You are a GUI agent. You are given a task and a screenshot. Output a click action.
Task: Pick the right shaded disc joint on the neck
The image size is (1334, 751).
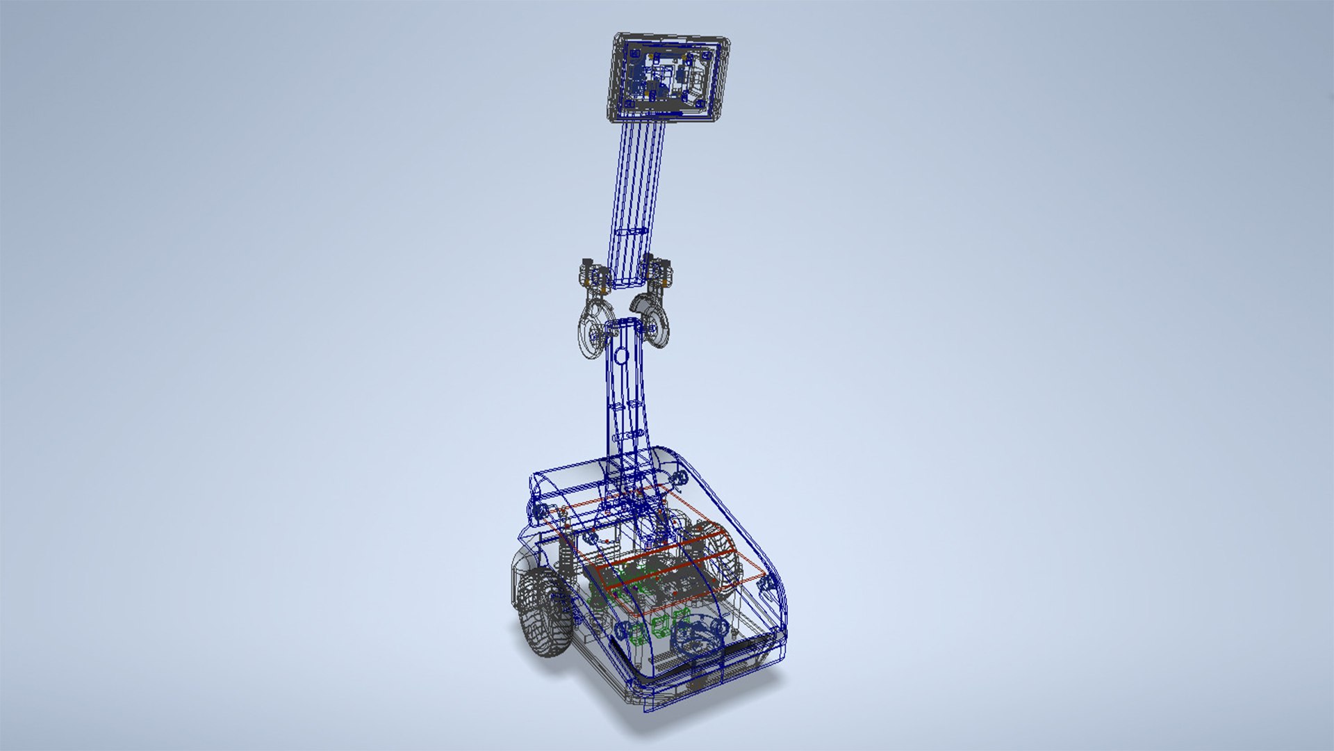[x=653, y=321]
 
